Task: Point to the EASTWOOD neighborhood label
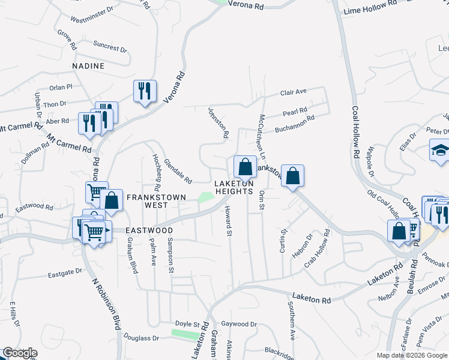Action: click(149, 230)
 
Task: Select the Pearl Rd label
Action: click(295, 111)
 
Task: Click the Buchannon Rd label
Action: click(295, 125)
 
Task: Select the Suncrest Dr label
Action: click(110, 46)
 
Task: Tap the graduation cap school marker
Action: click(440, 151)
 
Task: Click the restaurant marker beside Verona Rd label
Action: click(145, 91)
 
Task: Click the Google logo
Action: click(20, 353)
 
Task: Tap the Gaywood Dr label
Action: click(239, 324)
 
